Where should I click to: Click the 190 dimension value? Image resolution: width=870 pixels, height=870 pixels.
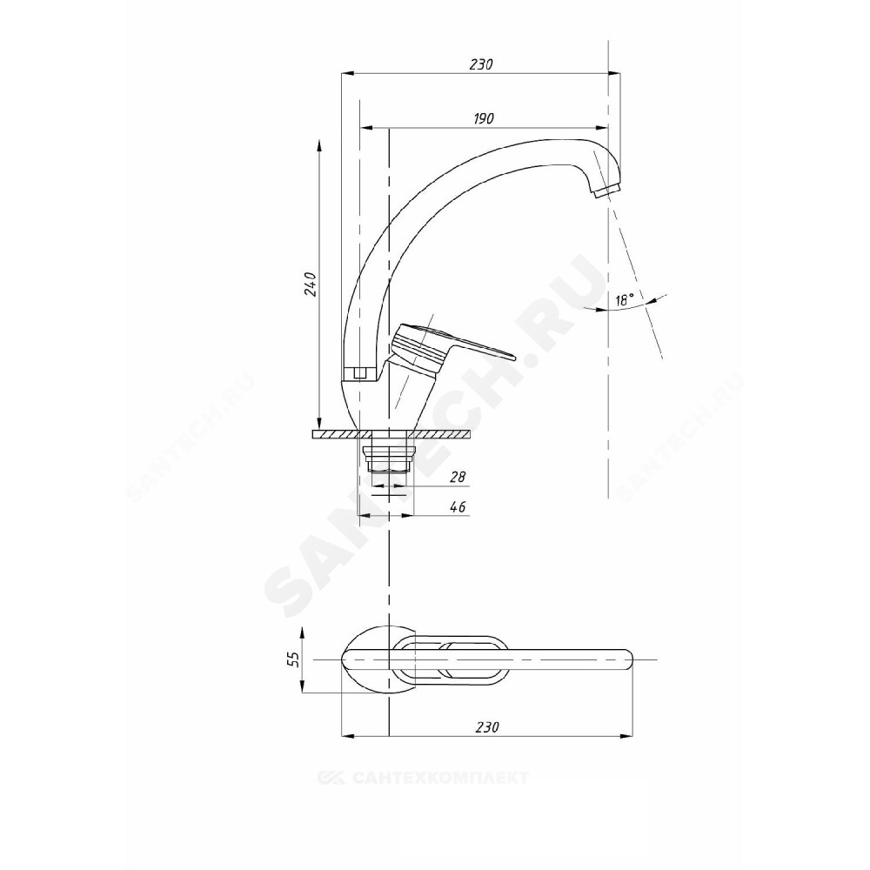(484, 118)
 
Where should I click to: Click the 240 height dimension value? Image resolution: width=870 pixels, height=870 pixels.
(311, 284)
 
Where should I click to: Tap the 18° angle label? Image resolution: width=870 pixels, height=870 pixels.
(624, 300)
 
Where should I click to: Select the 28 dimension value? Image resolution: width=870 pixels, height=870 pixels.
(458, 477)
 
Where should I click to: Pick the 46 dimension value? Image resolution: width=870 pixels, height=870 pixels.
(458, 506)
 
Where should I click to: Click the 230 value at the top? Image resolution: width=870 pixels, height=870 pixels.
(481, 64)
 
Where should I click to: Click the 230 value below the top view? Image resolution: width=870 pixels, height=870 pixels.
(488, 726)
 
